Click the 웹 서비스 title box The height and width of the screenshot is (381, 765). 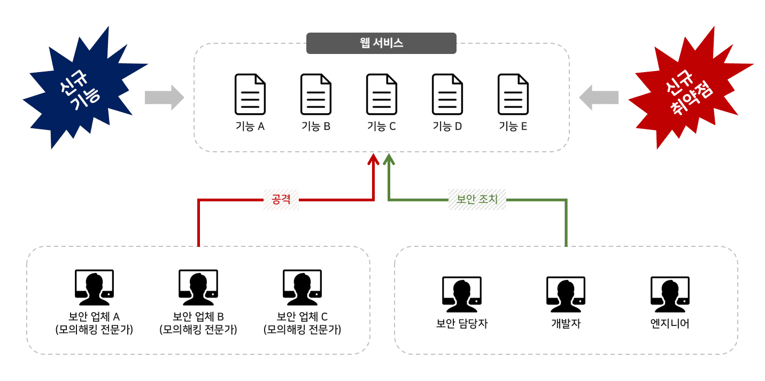click(x=381, y=43)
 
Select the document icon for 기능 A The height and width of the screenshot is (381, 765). click(x=250, y=94)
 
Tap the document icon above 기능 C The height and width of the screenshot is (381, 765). click(x=382, y=94)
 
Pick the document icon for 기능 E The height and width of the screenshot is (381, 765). click(x=513, y=94)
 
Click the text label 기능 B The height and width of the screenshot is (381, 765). click(x=316, y=126)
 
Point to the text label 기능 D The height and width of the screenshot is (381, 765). click(x=447, y=126)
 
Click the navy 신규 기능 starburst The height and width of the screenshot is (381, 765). click(x=86, y=88)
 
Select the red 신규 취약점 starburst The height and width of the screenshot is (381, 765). click(x=691, y=88)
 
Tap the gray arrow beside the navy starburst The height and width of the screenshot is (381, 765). click(x=165, y=98)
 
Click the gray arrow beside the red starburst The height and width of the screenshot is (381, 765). click(x=599, y=98)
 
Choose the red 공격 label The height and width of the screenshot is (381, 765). click(x=281, y=199)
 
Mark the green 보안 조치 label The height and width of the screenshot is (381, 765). click(x=477, y=199)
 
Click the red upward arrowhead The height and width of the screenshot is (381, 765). click(x=373, y=159)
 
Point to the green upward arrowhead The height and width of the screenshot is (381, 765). click(x=389, y=159)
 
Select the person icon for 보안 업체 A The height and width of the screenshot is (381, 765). click(x=94, y=287)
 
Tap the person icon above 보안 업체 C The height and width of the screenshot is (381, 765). click(x=302, y=287)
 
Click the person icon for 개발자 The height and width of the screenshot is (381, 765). click(x=566, y=294)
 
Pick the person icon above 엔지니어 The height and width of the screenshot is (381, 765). click(x=670, y=294)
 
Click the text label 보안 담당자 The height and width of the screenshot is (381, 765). click(x=462, y=323)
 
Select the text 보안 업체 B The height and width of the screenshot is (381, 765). click(x=198, y=316)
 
